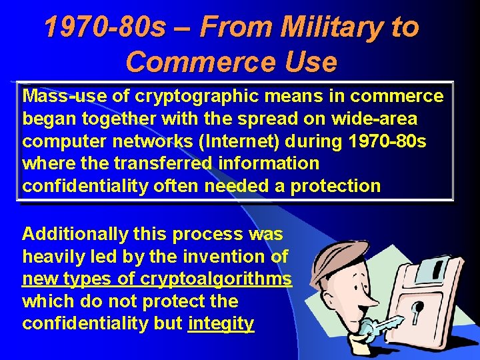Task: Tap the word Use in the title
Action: pyautogui.click(x=309, y=62)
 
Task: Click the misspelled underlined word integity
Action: pyautogui.click(x=221, y=324)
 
